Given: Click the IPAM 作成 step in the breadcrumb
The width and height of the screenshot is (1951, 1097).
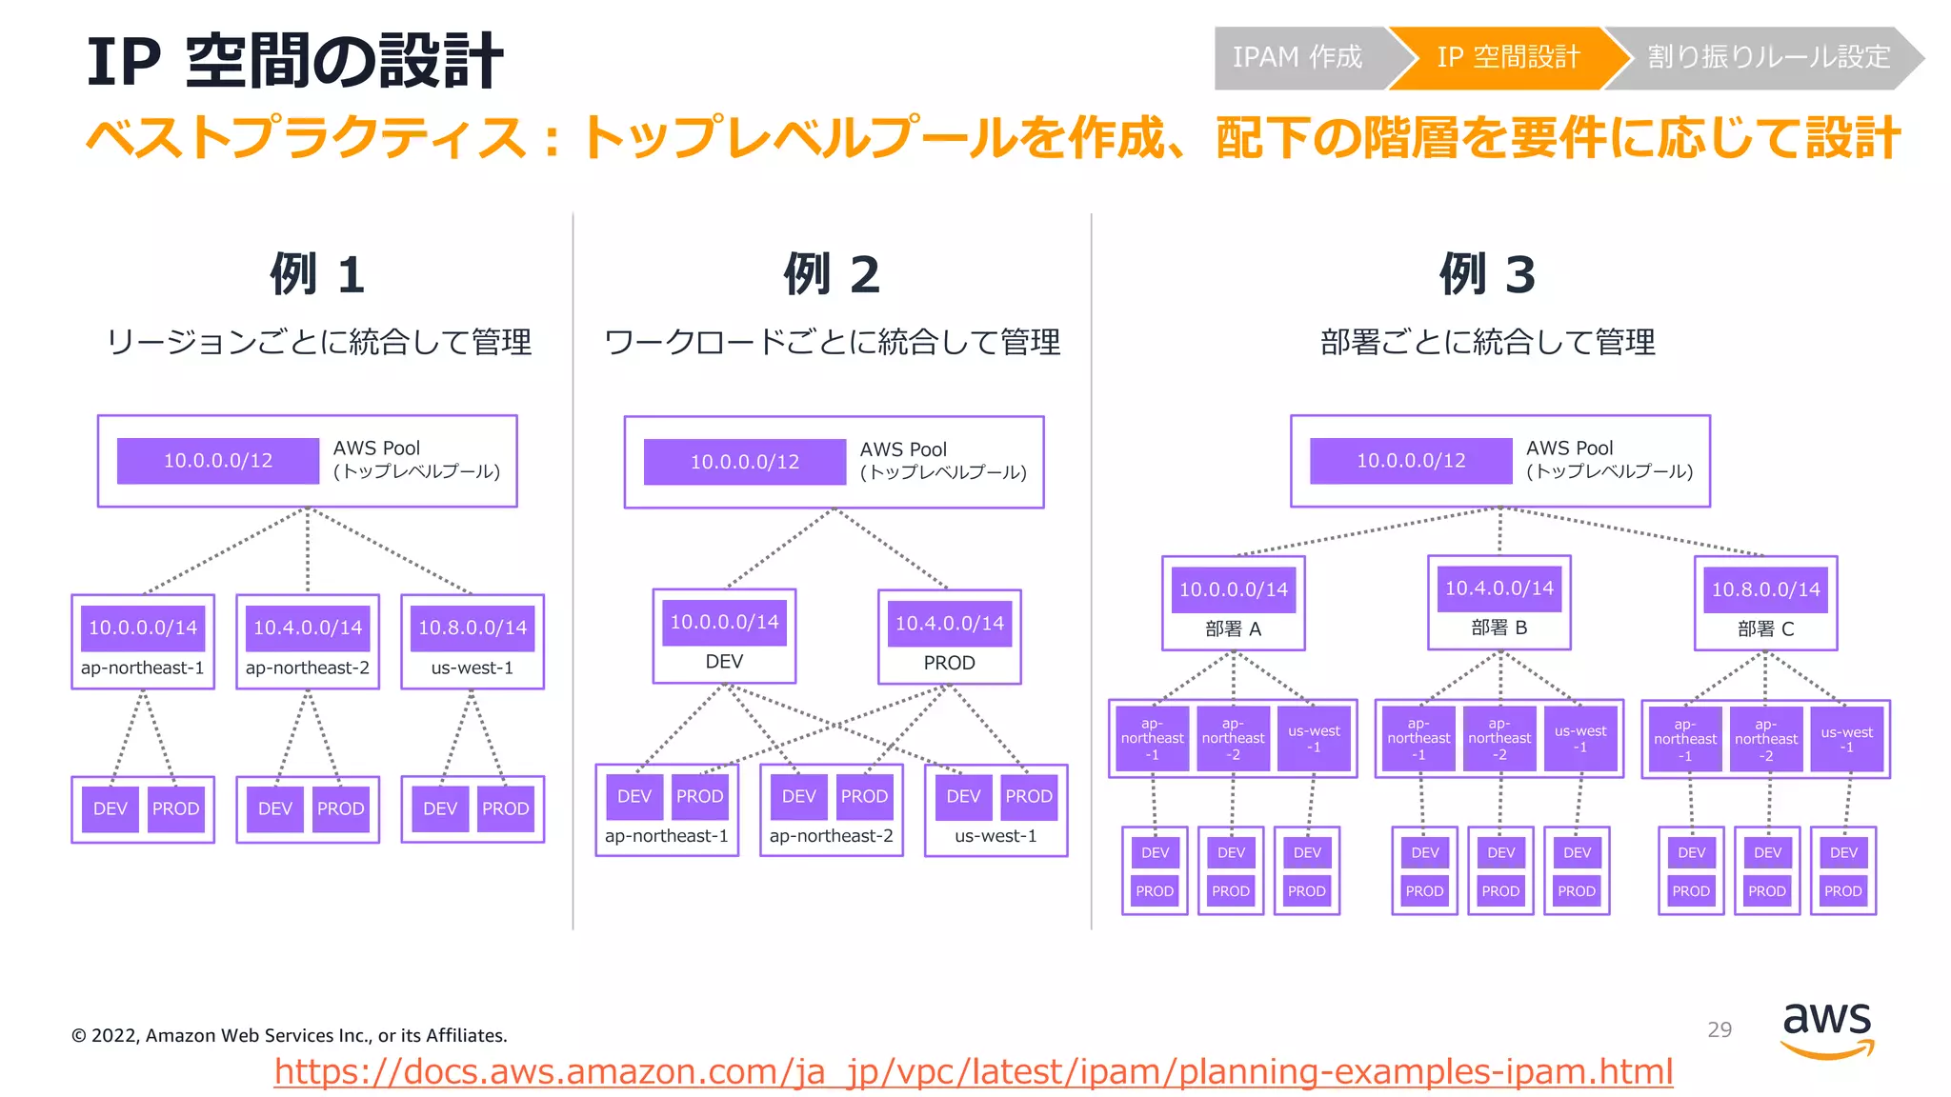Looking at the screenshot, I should point(1297,58).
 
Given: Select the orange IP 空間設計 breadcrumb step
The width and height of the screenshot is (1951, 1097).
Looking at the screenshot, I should point(1508,58).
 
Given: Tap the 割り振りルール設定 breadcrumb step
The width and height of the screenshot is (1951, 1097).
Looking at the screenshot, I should point(1768,58).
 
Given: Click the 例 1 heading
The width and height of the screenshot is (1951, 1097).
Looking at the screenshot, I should point(317,274).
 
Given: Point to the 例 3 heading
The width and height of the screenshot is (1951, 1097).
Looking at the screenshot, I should point(1487,274).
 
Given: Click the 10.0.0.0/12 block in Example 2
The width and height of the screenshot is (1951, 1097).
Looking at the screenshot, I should point(745,462).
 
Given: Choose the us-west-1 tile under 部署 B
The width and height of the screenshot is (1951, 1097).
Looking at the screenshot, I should point(1579,739).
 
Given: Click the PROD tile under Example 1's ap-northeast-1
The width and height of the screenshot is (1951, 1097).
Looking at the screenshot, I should point(175,808).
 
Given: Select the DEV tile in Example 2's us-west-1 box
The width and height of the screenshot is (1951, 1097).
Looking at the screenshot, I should point(963,796).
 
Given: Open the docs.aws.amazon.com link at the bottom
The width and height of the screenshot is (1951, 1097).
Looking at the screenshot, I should point(973,1071).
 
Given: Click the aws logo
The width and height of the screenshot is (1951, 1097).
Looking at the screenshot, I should point(1826,1028).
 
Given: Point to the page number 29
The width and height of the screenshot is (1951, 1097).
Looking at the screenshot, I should point(1720,1029).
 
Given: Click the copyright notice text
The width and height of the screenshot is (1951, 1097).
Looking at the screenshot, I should point(289,1035).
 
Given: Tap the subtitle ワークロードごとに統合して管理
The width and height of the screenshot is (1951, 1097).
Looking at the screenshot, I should point(832,342).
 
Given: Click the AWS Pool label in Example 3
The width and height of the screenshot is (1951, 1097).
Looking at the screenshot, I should point(1569,448).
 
